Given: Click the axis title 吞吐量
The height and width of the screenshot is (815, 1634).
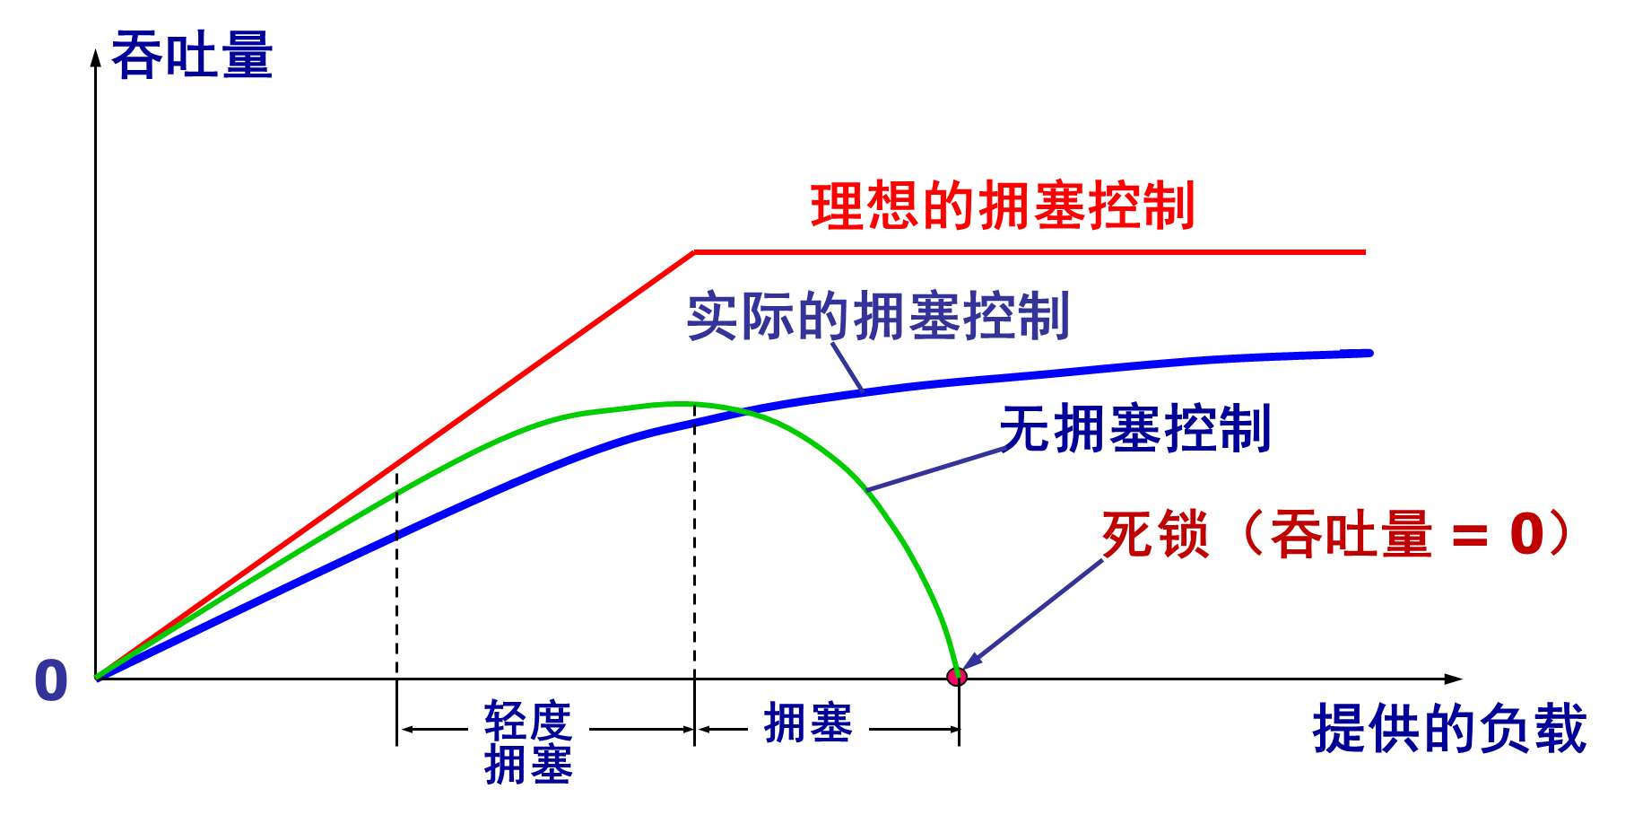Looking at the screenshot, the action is pyautogui.click(x=192, y=56).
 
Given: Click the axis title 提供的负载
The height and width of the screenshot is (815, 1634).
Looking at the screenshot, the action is pyautogui.click(x=1449, y=728).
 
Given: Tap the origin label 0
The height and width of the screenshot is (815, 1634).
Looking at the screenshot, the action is pyautogui.click(x=51, y=679).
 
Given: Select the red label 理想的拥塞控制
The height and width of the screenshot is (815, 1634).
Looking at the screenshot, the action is pyautogui.click(x=1003, y=206).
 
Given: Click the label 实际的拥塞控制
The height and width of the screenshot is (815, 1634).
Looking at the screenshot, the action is pyautogui.click(x=878, y=316).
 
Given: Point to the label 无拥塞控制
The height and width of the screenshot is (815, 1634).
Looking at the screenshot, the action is pyautogui.click(x=1135, y=428).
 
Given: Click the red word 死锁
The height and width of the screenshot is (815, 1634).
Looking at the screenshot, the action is pyautogui.click(x=1155, y=535).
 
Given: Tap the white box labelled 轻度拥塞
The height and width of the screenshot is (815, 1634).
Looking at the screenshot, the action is pyautogui.click(x=528, y=745).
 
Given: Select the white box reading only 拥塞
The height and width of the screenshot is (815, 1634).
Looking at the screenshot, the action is pyautogui.click(x=808, y=721).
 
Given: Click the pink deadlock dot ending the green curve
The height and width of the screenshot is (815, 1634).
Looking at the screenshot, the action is pyautogui.click(x=956, y=677).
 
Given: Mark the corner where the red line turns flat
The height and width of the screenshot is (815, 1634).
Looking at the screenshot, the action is pyautogui.click(x=694, y=253).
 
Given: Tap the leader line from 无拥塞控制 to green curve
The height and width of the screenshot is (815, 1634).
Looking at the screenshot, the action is pyautogui.click(x=937, y=469).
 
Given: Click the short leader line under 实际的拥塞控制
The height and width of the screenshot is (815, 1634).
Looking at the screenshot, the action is pyautogui.click(x=847, y=368).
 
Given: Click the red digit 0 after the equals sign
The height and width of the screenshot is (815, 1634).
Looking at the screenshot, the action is pyautogui.click(x=1526, y=535).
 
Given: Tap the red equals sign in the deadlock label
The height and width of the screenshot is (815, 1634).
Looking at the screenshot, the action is pyautogui.click(x=1469, y=537).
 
